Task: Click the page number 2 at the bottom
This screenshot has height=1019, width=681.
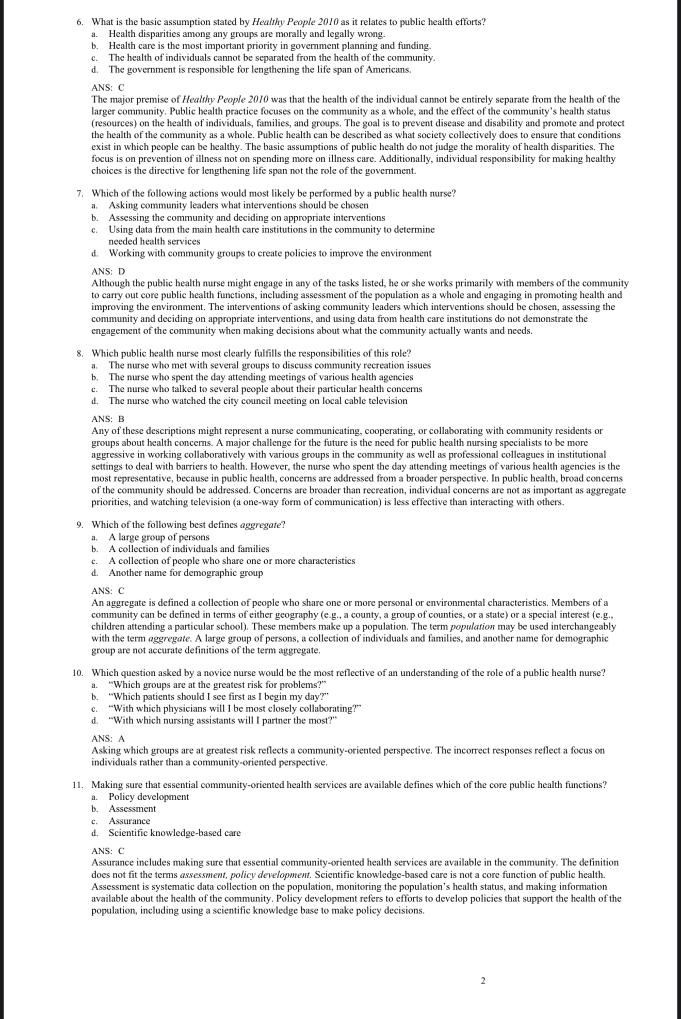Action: (483, 981)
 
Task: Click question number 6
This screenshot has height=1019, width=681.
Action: (79, 22)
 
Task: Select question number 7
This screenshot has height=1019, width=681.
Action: (79, 194)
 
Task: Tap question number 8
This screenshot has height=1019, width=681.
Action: (79, 354)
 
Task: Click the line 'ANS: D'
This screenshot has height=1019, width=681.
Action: (108, 272)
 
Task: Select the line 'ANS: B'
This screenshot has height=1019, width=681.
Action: (108, 419)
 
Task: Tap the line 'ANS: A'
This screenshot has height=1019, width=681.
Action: (108, 739)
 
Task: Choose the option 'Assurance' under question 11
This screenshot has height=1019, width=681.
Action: (129, 821)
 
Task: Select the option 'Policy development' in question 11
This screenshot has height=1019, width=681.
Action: (149, 797)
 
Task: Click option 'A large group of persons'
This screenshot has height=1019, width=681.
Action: (159, 537)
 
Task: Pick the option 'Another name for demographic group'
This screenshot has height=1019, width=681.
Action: (186, 573)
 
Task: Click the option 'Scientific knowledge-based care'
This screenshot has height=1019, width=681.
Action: (174, 833)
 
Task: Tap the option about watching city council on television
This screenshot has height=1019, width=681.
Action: (258, 401)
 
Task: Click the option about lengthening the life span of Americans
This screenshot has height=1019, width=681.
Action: (260, 70)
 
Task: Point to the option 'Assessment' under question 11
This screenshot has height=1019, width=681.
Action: (132, 809)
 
